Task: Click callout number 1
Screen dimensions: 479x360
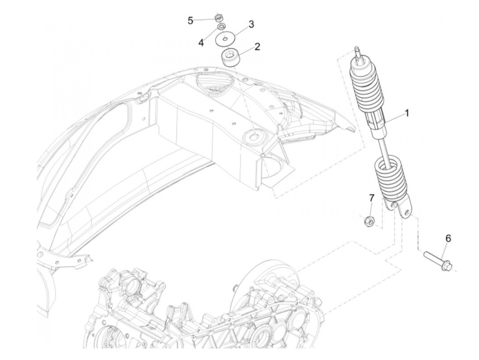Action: click(407, 113)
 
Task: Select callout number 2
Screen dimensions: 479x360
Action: click(257, 47)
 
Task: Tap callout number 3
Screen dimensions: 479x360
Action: click(251, 24)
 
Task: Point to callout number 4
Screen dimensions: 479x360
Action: click(201, 43)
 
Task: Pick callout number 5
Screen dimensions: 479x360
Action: click(191, 21)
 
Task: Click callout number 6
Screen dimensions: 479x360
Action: click(448, 239)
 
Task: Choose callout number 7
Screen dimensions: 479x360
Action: click(372, 198)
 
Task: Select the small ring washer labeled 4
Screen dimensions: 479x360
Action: click(221, 27)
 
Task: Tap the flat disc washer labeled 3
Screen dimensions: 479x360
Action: click(224, 39)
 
